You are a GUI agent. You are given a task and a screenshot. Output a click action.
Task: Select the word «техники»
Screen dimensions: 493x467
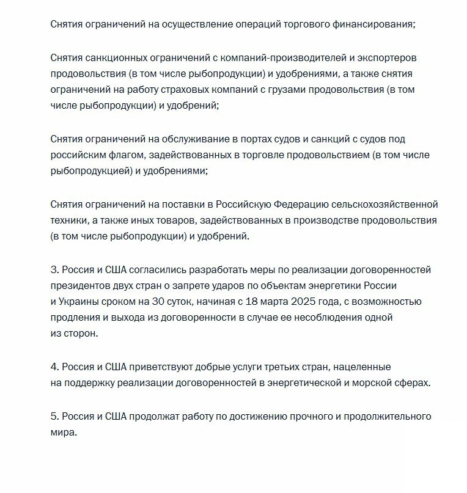click(69, 220)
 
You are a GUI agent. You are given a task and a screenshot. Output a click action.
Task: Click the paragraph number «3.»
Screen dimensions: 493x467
click(55, 269)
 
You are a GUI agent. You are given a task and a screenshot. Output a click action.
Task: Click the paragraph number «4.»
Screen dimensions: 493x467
click(55, 367)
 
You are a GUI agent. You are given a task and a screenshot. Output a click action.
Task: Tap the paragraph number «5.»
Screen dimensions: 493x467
click(55, 417)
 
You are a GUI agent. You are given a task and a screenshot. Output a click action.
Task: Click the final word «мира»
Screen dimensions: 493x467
click(64, 433)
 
